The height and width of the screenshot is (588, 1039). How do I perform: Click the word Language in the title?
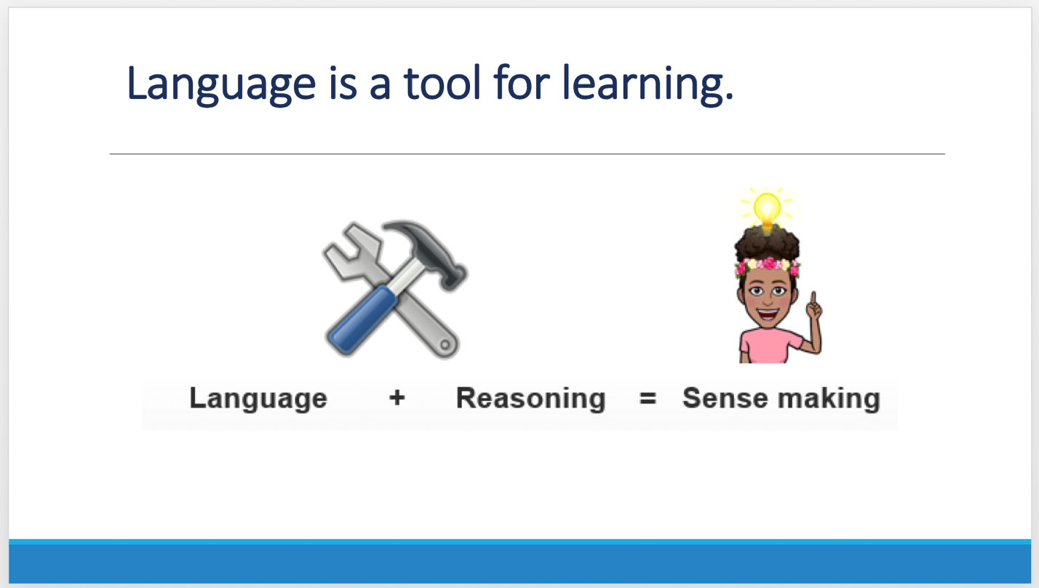[220, 84]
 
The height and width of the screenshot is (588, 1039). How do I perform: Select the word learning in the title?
[648, 84]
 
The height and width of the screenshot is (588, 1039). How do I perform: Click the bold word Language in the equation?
[258, 399]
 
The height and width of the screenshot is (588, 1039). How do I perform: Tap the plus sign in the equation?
[397, 398]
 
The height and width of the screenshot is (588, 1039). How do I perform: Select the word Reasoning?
[530, 399]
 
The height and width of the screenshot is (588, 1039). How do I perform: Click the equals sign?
[648, 398]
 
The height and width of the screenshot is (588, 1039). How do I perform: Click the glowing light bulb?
[767, 210]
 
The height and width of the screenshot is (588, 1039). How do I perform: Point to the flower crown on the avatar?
[768, 266]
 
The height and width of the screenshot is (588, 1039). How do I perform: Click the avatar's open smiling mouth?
[768, 314]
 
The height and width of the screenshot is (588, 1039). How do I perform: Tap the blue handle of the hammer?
[361, 320]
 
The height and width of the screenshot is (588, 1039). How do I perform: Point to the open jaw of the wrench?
[351, 250]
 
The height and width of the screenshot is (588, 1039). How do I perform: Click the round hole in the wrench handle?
[445, 345]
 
